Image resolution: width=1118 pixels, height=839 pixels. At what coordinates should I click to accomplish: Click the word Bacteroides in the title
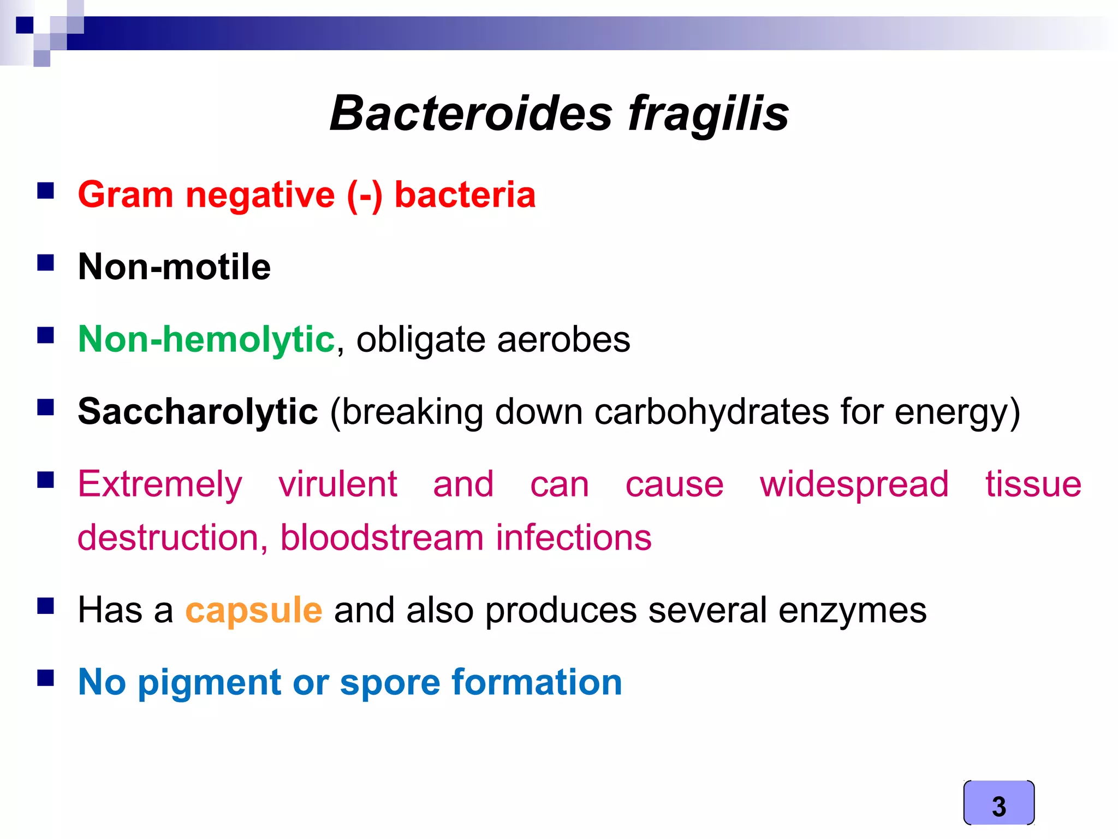click(x=471, y=114)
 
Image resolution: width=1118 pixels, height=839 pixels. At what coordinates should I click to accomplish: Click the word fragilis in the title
click(x=708, y=114)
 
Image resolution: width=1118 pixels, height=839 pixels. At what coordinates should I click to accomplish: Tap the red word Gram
click(x=126, y=194)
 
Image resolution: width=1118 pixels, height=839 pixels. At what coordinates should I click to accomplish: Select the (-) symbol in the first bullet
click(x=365, y=194)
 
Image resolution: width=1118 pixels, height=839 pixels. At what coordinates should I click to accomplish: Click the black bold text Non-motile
click(x=174, y=267)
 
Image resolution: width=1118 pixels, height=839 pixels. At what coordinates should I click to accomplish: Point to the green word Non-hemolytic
click(x=206, y=339)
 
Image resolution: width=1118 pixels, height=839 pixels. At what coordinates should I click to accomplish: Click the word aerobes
click(x=563, y=340)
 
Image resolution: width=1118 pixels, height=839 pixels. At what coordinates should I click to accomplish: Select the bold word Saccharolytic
click(x=198, y=411)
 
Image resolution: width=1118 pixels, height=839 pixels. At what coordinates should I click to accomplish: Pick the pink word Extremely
click(x=160, y=485)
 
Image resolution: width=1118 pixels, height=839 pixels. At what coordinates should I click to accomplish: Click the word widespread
click(x=854, y=485)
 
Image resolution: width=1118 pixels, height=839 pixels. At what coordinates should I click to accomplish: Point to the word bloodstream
click(x=382, y=537)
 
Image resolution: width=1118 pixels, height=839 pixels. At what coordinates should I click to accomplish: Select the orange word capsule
click(x=254, y=611)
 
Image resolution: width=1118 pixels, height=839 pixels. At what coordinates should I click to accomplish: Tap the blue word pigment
click(x=209, y=683)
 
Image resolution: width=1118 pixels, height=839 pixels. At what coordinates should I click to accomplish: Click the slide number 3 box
click(x=998, y=803)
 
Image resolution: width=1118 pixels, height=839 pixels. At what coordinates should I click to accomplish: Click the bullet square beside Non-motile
click(x=46, y=263)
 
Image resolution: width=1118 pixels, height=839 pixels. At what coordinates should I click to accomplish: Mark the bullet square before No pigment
click(x=46, y=678)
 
